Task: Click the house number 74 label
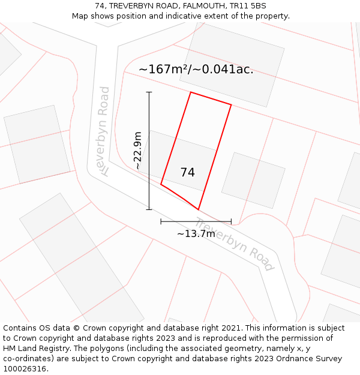point(187,172)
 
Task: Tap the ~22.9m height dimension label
point(137,150)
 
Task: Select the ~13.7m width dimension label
point(196,233)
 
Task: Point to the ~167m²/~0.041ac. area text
point(196,70)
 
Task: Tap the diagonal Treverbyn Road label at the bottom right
point(235,244)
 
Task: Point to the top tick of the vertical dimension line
point(149,92)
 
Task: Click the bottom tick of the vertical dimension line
point(149,209)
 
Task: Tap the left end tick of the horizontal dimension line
point(161,221)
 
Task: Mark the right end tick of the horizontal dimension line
point(231,221)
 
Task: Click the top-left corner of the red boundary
point(191,92)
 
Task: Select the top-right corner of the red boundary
point(231,104)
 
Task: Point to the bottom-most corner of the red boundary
point(198,209)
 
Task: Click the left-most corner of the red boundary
point(161,184)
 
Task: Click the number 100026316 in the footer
point(23,369)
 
